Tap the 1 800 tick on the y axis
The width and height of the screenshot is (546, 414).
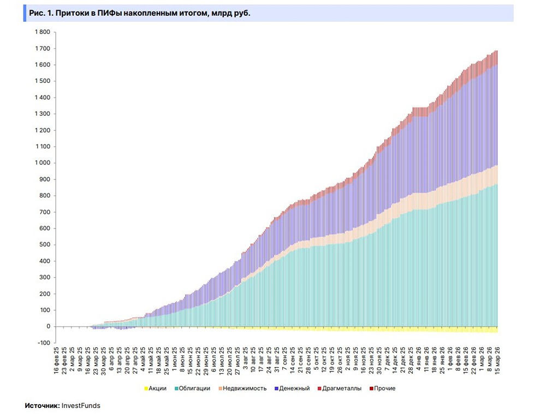42,32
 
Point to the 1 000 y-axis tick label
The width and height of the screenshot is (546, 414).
42,163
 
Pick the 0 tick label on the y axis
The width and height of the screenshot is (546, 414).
49,327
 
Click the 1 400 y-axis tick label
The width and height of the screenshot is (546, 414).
42,98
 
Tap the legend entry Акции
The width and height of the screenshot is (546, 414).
157,388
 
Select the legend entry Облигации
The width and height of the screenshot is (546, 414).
195,388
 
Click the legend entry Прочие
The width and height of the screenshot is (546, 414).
384,388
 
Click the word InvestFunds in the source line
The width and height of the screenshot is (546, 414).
81,406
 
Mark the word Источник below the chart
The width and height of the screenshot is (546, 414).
42,406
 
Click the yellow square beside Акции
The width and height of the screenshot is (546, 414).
145,388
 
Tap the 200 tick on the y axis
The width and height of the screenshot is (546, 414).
45,294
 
